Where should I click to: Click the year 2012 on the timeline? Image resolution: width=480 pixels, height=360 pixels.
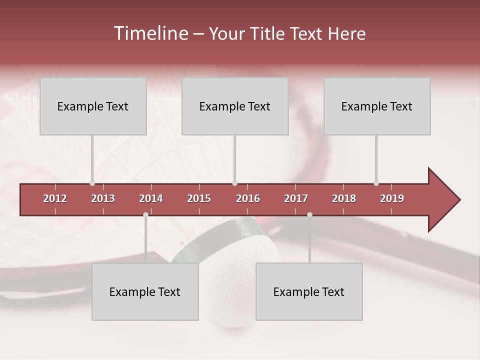point(55,198)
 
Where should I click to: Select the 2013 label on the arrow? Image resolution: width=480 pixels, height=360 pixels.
point(103,198)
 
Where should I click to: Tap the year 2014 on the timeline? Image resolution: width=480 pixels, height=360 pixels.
point(151,198)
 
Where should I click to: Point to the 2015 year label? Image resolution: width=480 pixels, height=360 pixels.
point(199,198)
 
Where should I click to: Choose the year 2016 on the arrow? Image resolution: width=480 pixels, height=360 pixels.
point(248,198)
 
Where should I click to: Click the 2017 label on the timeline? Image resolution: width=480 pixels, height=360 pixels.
point(296,198)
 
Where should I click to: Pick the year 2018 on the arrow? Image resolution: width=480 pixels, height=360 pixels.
point(344,198)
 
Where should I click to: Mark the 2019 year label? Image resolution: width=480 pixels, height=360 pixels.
point(392,198)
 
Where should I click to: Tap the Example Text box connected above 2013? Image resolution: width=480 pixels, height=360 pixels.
point(93,106)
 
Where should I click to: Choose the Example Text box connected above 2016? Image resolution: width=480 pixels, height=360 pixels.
point(235,106)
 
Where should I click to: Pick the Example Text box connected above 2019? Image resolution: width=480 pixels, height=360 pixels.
point(377,106)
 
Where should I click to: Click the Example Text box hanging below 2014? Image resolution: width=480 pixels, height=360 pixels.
point(145,291)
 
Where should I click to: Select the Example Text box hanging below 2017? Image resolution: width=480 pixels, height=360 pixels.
point(309,291)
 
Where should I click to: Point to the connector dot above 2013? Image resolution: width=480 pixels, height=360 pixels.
point(92,183)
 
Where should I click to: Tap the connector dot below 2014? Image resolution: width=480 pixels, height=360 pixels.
point(145,214)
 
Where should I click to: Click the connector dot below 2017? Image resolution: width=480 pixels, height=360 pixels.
point(309,214)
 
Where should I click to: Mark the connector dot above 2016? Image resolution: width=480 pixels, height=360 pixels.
point(234,183)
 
